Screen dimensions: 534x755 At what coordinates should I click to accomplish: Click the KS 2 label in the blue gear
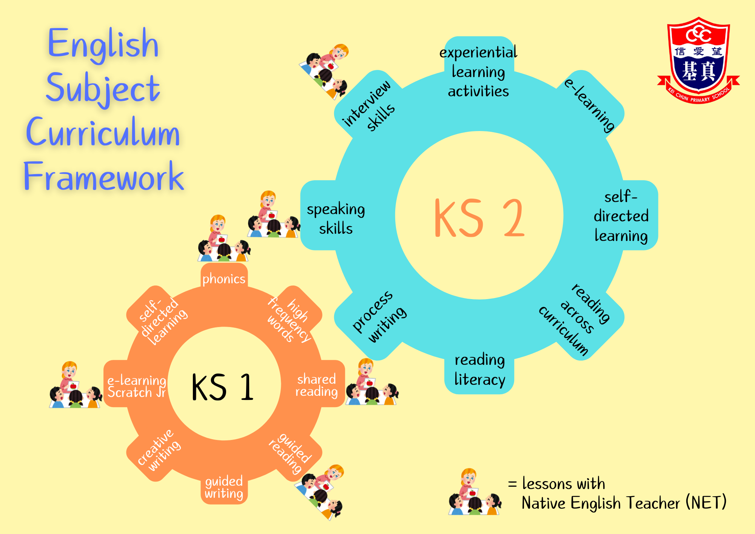tap(479, 218)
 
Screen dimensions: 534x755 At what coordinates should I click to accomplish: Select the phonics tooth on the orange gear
tap(224, 279)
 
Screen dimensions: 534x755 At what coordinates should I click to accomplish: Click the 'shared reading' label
tap(316, 385)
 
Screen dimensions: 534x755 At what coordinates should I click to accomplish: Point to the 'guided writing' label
tap(224, 487)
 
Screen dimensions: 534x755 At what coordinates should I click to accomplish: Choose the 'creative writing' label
tap(159, 450)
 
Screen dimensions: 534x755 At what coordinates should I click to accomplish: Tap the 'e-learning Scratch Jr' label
tap(137, 386)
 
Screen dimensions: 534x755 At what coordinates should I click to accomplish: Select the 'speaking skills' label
tap(336, 219)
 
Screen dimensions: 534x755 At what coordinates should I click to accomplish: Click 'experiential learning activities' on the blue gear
tap(478, 72)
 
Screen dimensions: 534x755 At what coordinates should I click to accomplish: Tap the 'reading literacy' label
tap(479, 369)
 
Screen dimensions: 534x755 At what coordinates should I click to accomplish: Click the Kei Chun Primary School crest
tap(698, 60)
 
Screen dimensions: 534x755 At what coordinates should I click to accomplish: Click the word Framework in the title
tap(104, 176)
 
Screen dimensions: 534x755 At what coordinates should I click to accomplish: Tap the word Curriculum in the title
tap(103, 132)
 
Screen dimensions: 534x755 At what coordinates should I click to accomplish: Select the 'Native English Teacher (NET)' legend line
tap(624, 503)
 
